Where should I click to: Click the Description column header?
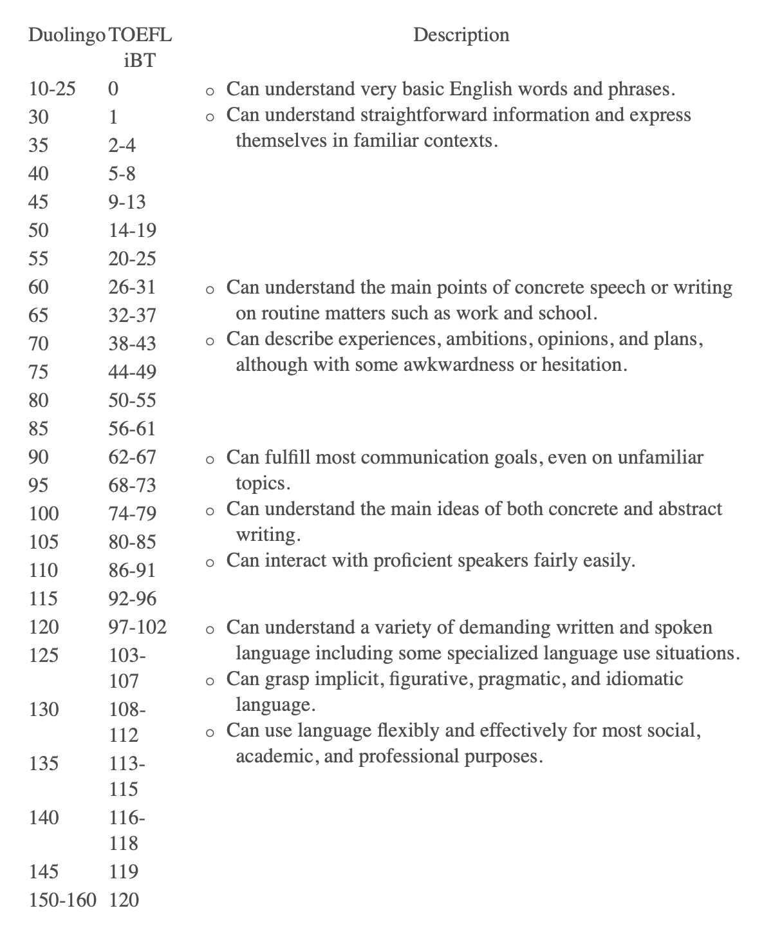click(x=461, y=35)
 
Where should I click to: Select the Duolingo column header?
click(x=66, y=35)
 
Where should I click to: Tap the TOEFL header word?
click(x=140, y=35)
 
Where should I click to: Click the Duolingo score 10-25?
click(x=52, y=88)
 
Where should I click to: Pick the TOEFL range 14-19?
click(x=132, y=230)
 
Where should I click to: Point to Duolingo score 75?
click(x=39, y=372)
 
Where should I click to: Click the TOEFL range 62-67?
click(x=132, y=457)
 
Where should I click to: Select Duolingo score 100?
click(x=44, y=513)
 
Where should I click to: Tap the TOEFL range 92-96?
click(x=132, y=598)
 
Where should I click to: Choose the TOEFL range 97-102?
click(x=137, y=627)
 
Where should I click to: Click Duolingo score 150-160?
click(x=62, y=900)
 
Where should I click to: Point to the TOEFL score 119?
click(x=124, y=871)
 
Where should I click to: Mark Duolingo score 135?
click(x=44, y=763)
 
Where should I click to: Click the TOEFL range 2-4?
click(x=122, y=145)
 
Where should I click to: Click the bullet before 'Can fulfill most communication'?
click(x=210, y=460)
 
